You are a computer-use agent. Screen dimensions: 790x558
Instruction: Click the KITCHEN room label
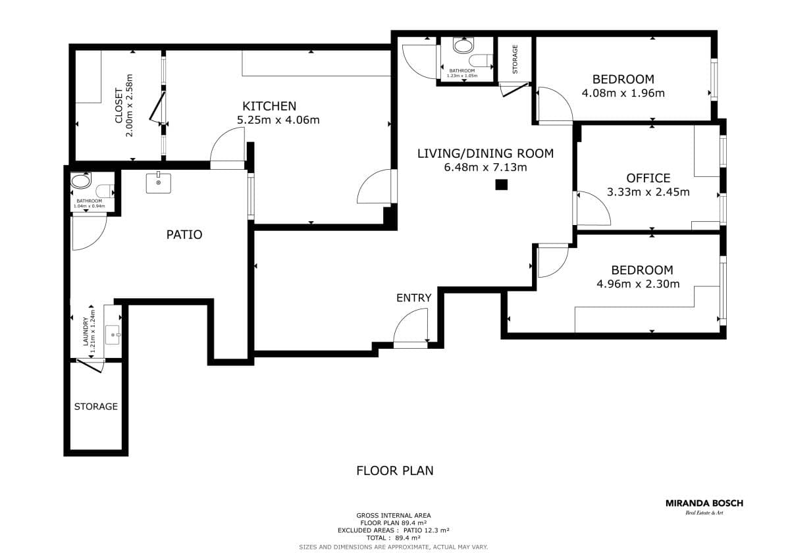pos(269,106)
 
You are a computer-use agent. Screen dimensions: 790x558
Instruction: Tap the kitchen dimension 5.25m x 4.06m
pos(278,120)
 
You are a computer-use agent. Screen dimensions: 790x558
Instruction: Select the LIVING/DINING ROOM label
pos(485,153)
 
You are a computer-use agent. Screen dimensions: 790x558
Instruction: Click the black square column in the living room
pos(501,184)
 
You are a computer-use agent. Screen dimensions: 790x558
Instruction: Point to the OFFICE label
pos(648,178)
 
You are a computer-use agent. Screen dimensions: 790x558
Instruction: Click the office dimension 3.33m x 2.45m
pos(648,191)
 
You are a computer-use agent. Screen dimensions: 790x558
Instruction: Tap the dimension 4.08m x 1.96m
pos(623,93)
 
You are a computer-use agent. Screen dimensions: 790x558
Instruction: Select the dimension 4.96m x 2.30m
pos(638,284)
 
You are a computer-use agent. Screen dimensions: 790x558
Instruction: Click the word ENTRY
pos(413,298)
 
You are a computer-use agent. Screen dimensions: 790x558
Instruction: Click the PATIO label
pos(184,234)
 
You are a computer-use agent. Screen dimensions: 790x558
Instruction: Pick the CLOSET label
pos(119,106)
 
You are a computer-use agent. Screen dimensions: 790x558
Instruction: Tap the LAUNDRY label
pos(86,332)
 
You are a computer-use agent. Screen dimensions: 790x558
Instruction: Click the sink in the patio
pos(159,183)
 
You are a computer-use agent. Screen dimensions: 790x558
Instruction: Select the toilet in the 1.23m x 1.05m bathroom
pos(481,61)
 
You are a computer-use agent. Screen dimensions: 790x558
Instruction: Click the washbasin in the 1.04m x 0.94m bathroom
pos(81,181)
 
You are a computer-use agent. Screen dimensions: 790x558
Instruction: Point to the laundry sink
pos(113,334)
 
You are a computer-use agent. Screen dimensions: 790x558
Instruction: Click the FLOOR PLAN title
pos(394,470)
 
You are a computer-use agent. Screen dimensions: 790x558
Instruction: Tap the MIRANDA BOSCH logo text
pos(704,503)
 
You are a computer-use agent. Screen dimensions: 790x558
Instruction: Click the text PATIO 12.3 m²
pos(426,530)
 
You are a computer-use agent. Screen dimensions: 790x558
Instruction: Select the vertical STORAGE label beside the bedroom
pos(515,59)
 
